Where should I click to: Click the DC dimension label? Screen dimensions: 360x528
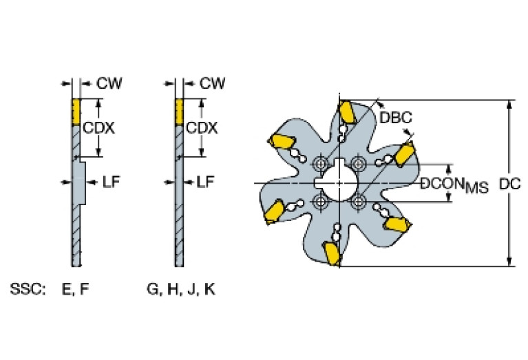[x=510, y=184]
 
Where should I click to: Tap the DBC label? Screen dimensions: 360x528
[x=395, y=118]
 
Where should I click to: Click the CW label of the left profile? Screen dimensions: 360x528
[x=109, y=83]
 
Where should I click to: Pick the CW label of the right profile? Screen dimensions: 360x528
[x=212, y=83]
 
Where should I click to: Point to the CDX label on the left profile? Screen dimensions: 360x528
[x=98, y=129]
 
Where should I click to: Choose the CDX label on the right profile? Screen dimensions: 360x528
[x=202, y=129]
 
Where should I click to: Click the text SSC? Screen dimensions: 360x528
[x=28, y=289]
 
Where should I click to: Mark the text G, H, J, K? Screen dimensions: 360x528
[x=180, y=289]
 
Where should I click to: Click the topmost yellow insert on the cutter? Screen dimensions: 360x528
[x=348, y=112]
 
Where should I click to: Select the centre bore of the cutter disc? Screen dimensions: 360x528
[x=339, y=182]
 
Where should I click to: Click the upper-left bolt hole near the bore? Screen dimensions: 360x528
[x=319, y=164]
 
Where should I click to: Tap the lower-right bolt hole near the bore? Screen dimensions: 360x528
[x=358, y=202]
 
